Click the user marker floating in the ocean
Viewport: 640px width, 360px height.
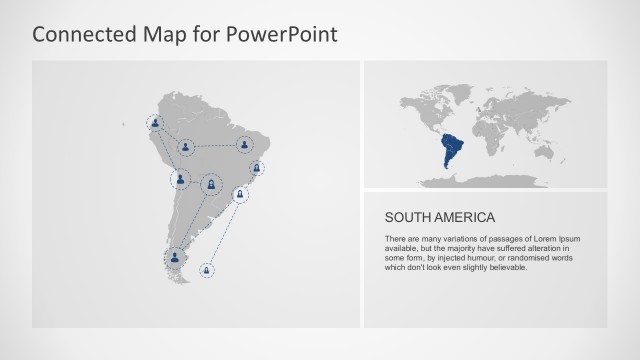click(207, 269)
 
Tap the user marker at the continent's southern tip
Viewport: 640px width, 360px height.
click(176, 257)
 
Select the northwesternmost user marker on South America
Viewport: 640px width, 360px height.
click(155, 123)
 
